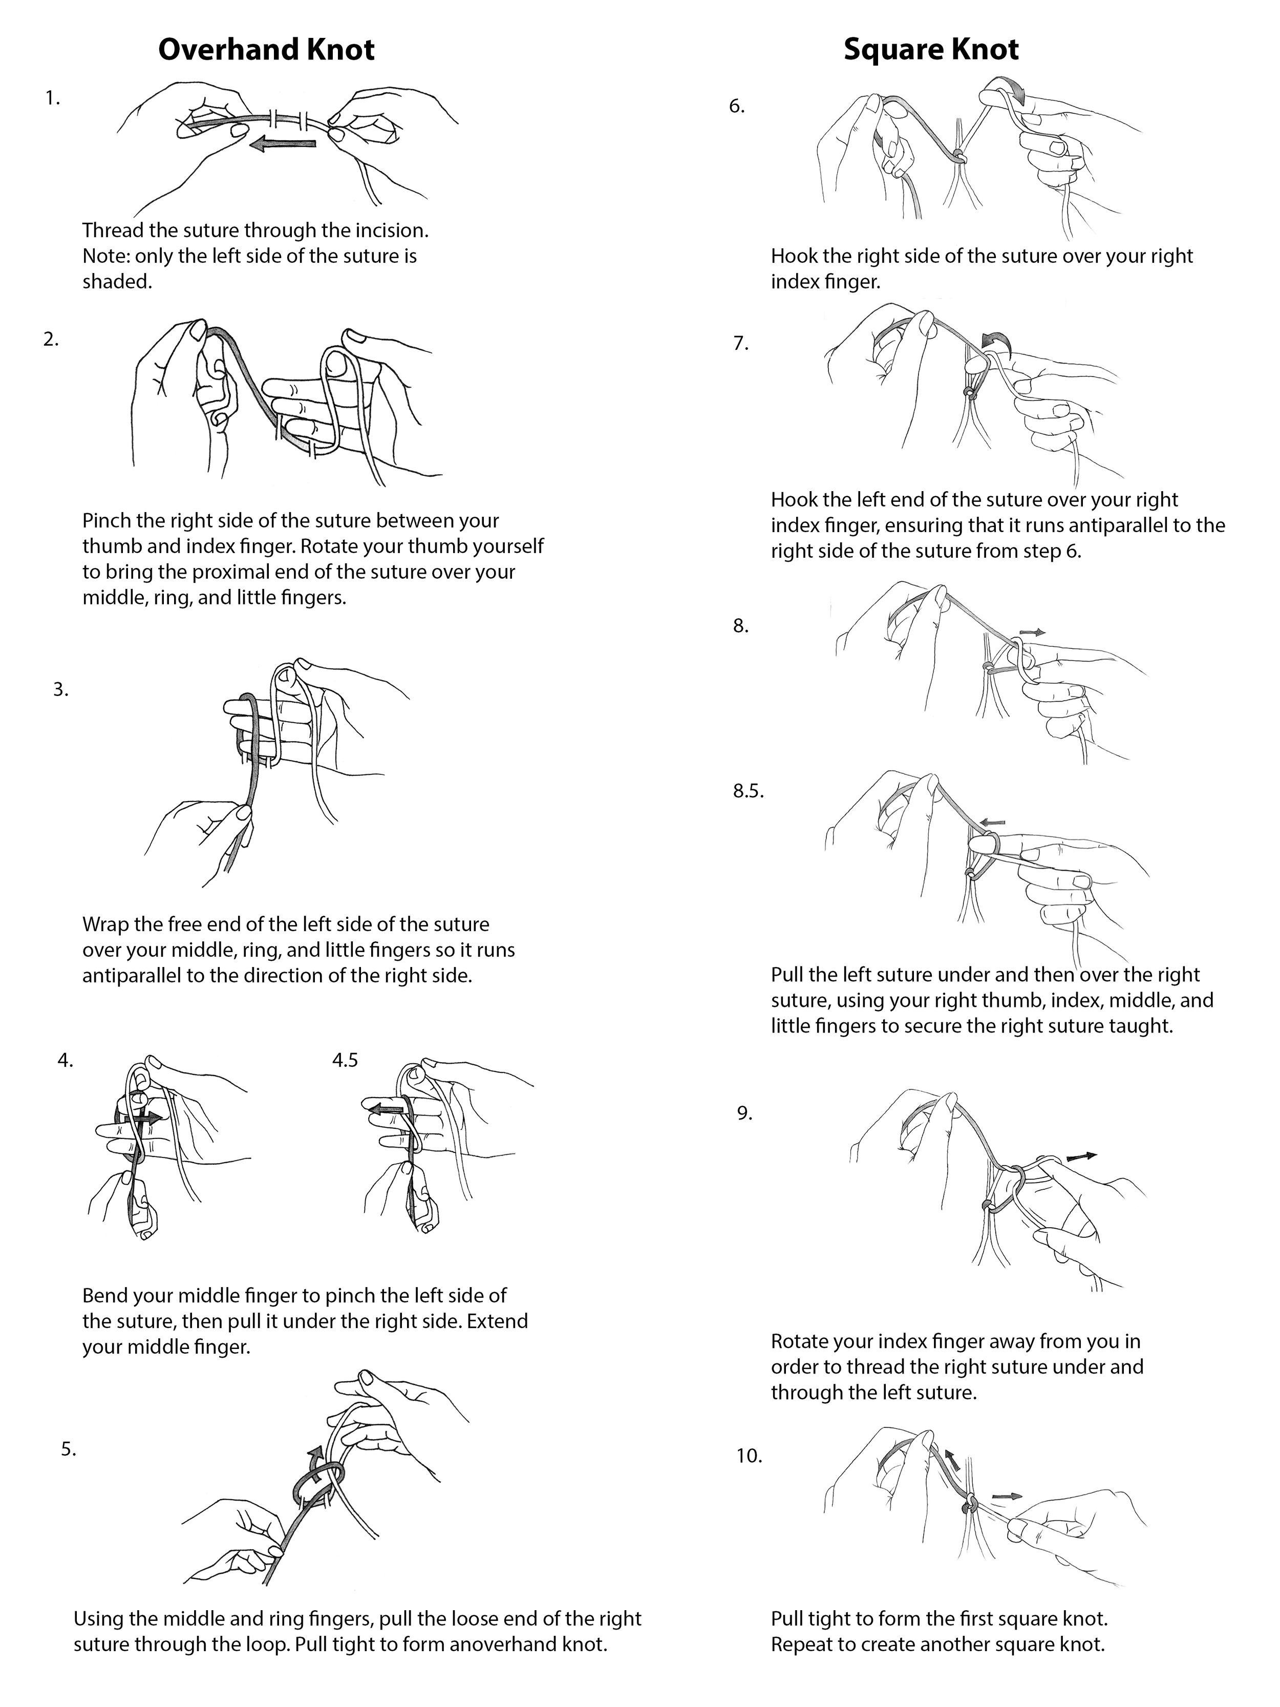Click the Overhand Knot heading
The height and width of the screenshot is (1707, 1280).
[x=266, y=49]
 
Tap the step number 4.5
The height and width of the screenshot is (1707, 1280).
[x=345, y=1060]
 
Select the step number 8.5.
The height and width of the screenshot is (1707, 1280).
[x=748, y=791]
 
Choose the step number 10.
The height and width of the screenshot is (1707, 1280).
[x=749, y=1456]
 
